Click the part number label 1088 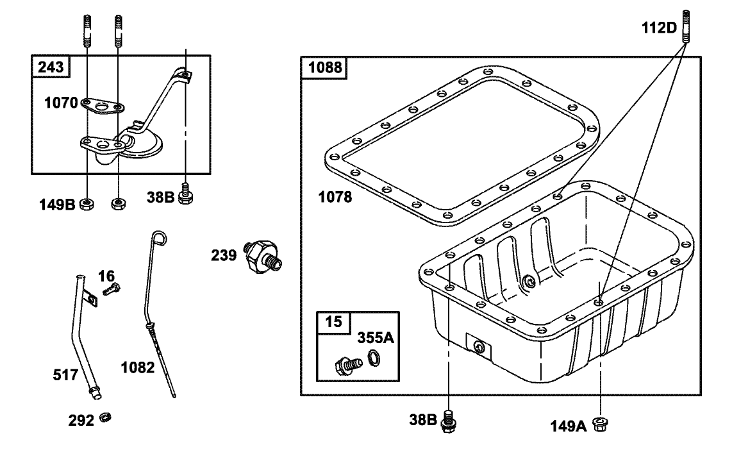click(x=324, y=67)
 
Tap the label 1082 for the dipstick click(x=137, y=367)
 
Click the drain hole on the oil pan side click(x=478, y=346)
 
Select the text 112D click(x=660, y=28)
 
